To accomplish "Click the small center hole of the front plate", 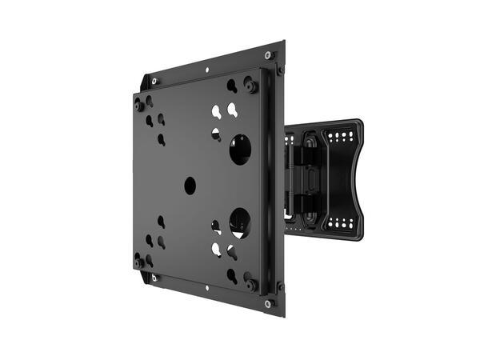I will tap(190, 186).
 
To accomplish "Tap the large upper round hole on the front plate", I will tap(240, 150).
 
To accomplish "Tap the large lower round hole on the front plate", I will tap(240, 221).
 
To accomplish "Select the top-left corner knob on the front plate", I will tap(140, 105).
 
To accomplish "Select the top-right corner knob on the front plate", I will tap(251, 86).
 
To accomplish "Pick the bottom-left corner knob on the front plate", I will tap(140, 261).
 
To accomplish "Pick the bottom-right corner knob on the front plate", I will tap(251, 284).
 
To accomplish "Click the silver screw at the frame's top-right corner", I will tap(269, 55).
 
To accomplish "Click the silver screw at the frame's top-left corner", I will tap(154, 81).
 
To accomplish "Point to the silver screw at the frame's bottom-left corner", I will tap(154, 278).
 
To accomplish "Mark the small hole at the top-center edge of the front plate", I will tap(206, 71).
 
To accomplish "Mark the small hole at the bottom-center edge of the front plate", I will tap(206, 294).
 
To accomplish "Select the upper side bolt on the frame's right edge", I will tap(280, 70).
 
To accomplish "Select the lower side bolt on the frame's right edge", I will tap(280, 286).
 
